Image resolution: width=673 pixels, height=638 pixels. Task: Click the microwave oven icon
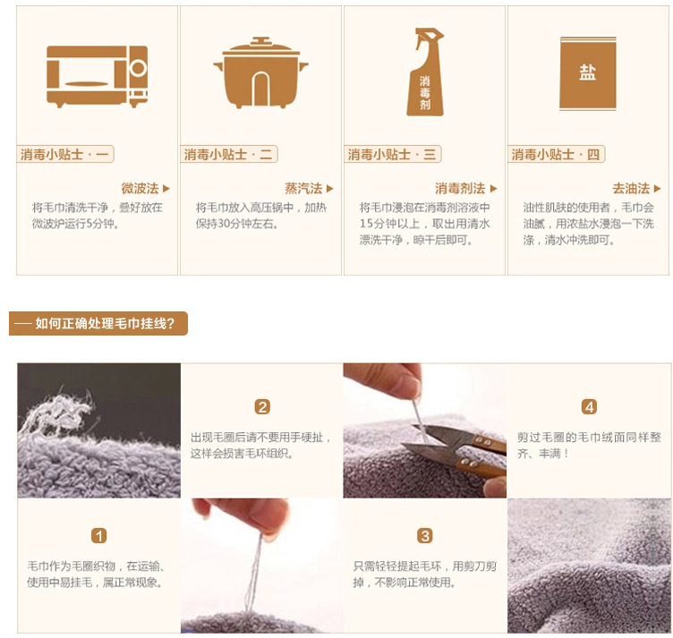pos(97,76)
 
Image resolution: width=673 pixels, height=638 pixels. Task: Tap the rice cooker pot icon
pos(260,72)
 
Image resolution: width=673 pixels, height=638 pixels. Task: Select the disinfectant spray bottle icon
pos(425,72)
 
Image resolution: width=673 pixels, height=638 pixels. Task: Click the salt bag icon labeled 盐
pos(588,73)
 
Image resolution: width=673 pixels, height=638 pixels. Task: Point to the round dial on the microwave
pos(138,68)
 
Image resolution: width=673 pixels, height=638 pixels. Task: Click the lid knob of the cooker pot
pos(260,41)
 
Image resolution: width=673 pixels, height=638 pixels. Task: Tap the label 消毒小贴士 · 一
pos(64,154)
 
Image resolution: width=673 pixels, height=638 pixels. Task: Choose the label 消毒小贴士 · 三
pos(392,154)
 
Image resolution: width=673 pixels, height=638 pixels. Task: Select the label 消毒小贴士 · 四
pos(557,154)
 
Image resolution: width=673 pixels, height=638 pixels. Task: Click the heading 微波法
pos(140,188)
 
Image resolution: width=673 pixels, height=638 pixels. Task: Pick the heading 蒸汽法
pos(303,188)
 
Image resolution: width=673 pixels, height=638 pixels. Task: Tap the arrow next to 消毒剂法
pos(494,188)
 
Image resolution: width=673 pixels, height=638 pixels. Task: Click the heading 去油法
pos(631,188)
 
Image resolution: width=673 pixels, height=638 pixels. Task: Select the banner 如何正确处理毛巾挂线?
pos(98,323)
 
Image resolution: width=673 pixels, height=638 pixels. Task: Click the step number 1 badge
pos(98,536)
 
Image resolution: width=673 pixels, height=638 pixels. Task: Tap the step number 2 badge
pos(262,407)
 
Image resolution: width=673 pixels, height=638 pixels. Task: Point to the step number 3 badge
pos(425,536)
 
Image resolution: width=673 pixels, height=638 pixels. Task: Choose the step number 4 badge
pos(589,407)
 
